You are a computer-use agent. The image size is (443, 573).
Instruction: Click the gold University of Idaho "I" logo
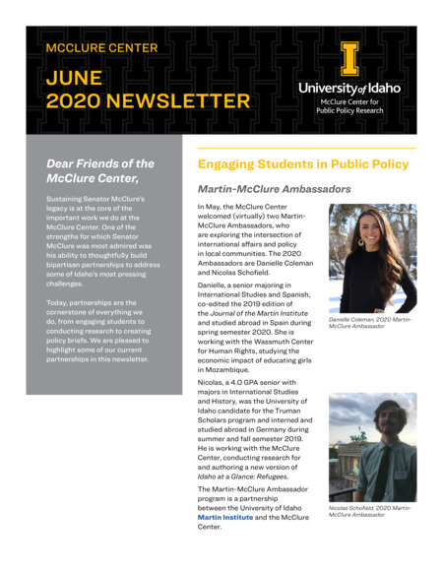(349, 59)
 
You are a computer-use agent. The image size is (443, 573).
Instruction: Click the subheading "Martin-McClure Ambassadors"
(274, 188)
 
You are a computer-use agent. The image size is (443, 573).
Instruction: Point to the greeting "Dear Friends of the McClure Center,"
(100, 170)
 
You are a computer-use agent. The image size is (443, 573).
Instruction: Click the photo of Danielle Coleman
(371, 258)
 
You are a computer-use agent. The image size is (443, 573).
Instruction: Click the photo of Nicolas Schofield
(371, 448)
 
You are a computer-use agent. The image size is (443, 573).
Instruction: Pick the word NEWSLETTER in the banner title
(183, 100)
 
